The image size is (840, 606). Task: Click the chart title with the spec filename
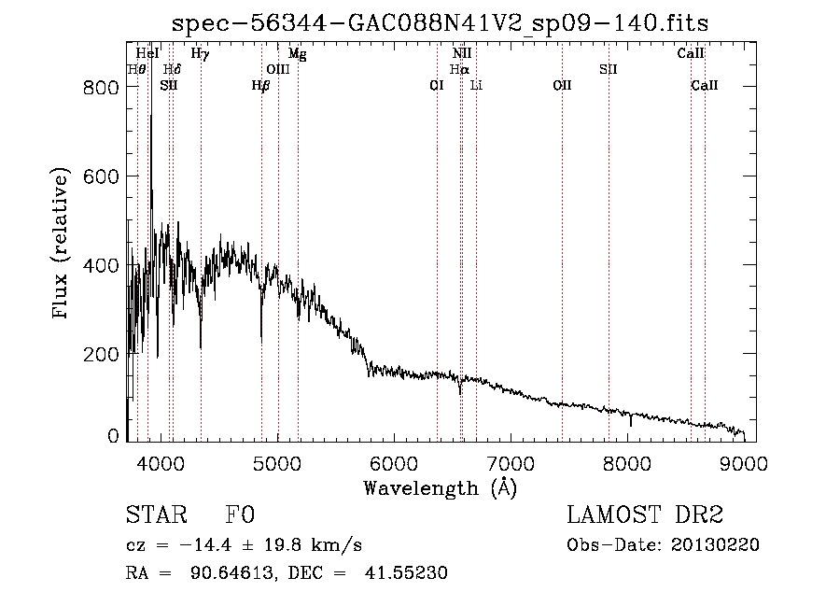pyautogui.click(x=441, y=22)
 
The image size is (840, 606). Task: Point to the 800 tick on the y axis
pyautogui.click(x=128, y=87)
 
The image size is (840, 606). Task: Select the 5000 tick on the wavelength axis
pyautogui.click(x=277, y=440)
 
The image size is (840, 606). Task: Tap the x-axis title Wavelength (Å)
pyautogui.click(x=440, y=487)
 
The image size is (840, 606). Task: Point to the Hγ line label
pyautogui.click(x=201, y=54)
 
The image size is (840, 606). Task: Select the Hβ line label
pyautogui.click(x=260, y=85)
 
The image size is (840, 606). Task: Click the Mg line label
pyautogui.click(x=298, y=54)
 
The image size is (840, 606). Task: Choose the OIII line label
pyautogui.click(x=278, y=69)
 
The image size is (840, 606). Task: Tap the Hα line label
pyautogui.click(x=459, y=69)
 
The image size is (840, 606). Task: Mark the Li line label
pyautogui.click(x=476, y=85)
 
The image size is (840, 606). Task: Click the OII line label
pyautogui.click(x=562, y=85)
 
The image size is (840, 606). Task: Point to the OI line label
pyautogui.click(x=436, y=85)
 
